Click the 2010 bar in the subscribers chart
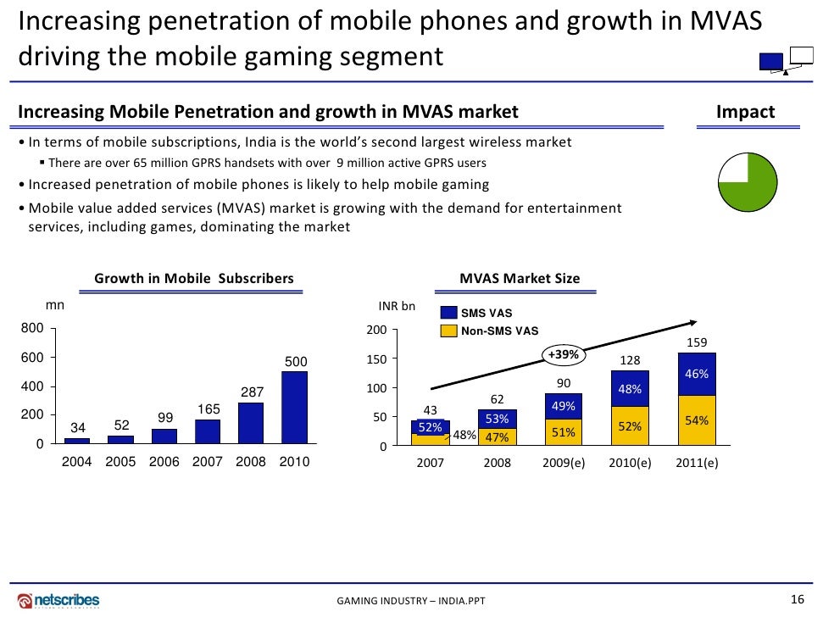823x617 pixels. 295,408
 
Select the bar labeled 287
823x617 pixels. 251,423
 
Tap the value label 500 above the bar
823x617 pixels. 295,362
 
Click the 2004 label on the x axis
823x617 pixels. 77,463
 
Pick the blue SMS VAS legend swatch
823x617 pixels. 448,314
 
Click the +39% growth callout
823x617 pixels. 563,354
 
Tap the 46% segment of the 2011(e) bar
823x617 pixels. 697,374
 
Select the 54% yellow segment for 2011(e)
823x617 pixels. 697,420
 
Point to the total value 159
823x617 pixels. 697,343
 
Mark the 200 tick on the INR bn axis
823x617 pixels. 376,330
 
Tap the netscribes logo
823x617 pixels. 58,600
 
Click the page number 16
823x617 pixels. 796,599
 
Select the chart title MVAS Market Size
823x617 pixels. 520,278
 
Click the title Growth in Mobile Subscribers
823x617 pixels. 193,278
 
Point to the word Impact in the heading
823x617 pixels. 745,113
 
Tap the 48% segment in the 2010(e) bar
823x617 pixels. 630,389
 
